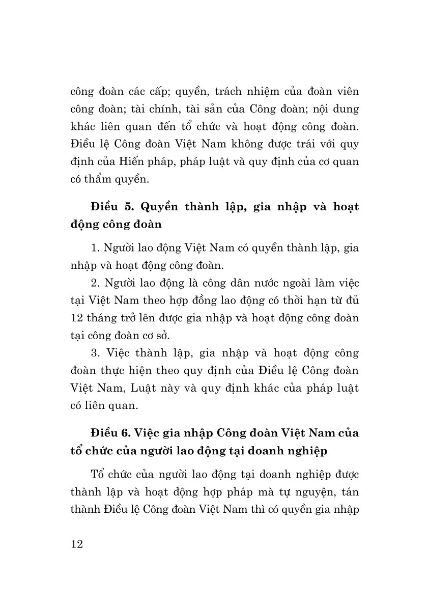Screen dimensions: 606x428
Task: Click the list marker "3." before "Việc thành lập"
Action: [95, 352]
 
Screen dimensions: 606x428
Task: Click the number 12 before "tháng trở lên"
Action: [77, 318]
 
